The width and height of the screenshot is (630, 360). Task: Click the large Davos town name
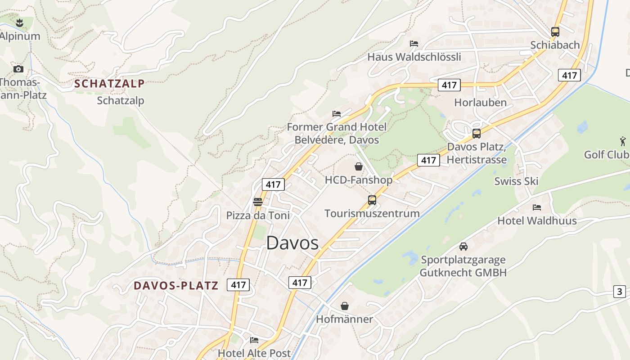(x=292, y=243)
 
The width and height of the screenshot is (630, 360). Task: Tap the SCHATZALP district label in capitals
(x=109, y=83)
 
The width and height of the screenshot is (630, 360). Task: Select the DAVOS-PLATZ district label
(x=176, y=285)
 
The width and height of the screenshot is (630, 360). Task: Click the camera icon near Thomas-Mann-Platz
(x=18, y=69)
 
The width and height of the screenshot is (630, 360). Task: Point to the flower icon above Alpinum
(x=19, y=22)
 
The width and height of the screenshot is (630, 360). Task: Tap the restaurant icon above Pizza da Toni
(x=258, y=202)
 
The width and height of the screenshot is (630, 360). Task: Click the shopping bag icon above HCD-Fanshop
(x=359, y=166)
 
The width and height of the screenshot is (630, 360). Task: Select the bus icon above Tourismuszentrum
(x=372, y=200)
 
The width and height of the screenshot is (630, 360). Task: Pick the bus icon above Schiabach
(x=555, y=31)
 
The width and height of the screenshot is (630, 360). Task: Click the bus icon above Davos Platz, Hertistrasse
(x=477, y=133)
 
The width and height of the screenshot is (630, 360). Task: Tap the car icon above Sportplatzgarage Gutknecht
(x=463, y=246)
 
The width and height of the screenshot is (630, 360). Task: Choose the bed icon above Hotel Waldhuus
(x=537, y=207)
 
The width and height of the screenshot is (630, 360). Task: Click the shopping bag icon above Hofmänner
(x=345, y=306)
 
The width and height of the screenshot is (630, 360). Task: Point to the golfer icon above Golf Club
(x=623, y=141)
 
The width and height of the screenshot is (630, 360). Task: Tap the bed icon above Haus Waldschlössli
(x=414, y=43)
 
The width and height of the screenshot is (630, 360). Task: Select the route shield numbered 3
(x=620, y=292)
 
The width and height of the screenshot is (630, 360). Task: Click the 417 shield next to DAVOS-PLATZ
(x=238, y=284)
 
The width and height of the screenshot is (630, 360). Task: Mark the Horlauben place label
(x=480, y=102)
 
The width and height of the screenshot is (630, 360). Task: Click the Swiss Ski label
(x=516, y=181)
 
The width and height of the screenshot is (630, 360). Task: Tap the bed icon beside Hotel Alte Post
(x=254, y=340)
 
